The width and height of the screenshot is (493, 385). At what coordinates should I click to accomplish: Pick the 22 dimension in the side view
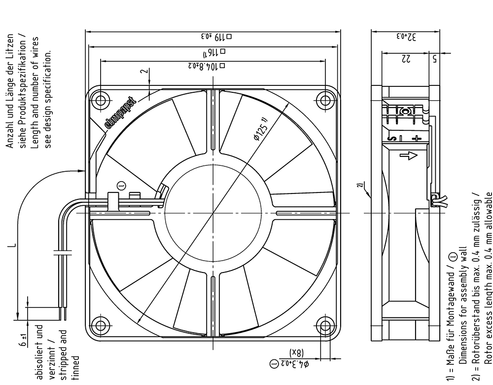405,58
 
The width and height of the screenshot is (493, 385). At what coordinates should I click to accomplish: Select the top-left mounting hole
101,100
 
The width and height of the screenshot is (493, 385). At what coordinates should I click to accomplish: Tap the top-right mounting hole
325,100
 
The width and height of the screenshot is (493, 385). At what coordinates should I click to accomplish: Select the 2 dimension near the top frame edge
143,71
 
